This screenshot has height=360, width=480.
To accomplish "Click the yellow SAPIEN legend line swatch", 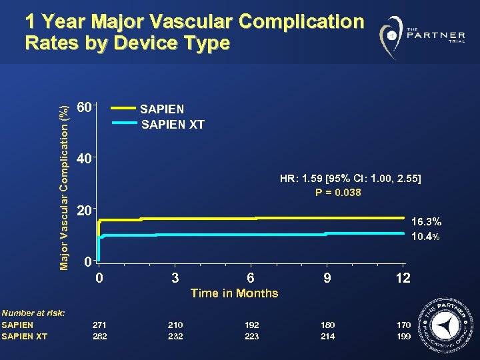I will (x=123, y=107).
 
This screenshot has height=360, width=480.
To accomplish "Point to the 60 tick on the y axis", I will (x=85, y=107).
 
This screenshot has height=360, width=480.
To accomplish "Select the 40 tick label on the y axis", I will (x=85, y=160).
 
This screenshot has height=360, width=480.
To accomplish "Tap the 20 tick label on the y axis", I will (x=85, y=211).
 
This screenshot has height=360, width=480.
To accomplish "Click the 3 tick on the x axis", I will (x=175, y=277).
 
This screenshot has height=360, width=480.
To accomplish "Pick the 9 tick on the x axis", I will (x=327, y=277).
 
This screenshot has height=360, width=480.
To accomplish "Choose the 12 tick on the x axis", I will (x=402, y=277).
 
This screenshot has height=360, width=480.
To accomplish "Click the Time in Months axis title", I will (x=234, y=293).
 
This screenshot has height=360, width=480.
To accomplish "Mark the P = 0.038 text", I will (x=338, y=193).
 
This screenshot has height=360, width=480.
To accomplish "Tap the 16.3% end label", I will (x=426, y=221).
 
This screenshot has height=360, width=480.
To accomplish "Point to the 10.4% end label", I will (x=426, y=237).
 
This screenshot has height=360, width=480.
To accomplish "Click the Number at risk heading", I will (x=33, y=313).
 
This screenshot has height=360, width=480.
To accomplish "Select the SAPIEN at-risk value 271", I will (x=99, y=325).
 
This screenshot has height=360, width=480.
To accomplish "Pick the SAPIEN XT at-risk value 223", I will (x=251, y=337).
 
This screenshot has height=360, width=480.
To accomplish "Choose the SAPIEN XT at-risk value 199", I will (x=403, y=337).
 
